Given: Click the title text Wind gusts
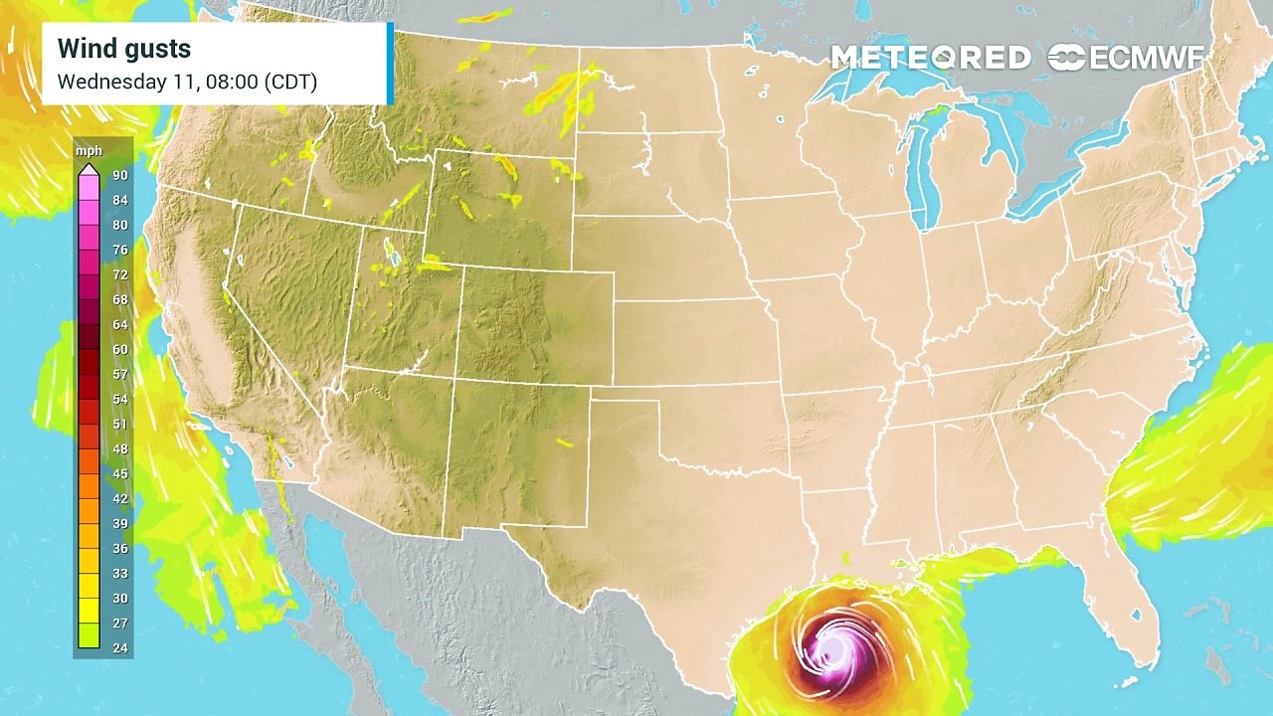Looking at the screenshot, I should [x=124, y=49].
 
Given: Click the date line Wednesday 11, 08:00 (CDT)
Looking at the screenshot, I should [x=187, y=82].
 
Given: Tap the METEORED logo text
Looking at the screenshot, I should [x=931, y=58].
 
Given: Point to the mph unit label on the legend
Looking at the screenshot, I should [x=90, y=152].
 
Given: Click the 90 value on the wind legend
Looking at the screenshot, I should [x=119, y=176].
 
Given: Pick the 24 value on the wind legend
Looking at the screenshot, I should [x=119, y=648].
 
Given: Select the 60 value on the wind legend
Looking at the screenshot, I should [x=119, y=350].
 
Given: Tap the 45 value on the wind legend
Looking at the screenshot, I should [x=119, y=474].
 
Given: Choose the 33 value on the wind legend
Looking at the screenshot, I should [x=119, y=574].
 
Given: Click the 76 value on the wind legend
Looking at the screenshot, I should [x=119, y=251].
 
